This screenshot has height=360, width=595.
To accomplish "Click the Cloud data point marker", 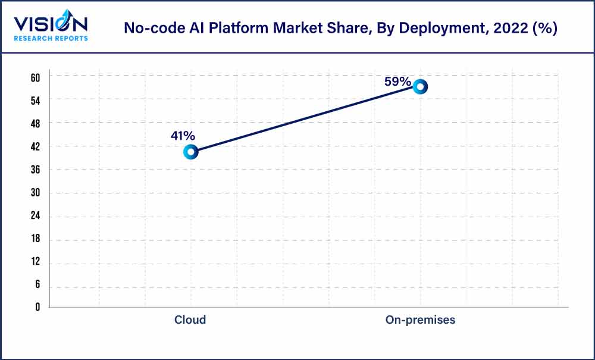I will click(x=190, y=152).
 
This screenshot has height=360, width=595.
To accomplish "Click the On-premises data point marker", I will click(x=420, y=86).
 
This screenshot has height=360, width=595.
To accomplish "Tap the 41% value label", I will click(x=183, y=136).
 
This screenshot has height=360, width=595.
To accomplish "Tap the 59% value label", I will click(x=397, y=82).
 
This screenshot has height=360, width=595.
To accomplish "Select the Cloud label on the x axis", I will click(x=190, y=320).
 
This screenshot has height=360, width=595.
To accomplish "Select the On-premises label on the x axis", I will click(x=420, y=320).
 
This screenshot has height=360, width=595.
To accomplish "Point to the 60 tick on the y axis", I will click(x=35, y=77).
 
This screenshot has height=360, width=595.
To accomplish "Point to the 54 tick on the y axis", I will click(x=35, y=100).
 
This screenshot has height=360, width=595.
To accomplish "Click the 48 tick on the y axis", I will click(x=35, y=123).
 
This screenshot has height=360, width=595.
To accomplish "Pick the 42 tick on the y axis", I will click(x=35, y=146).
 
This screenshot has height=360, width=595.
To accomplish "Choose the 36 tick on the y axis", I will click(x=35, y=170).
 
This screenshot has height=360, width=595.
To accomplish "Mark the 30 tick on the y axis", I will click(x=35, y=193).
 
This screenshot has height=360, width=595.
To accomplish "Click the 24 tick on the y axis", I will click(x=35, y=216).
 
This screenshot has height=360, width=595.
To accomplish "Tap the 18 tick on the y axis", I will click(x=35, y=239).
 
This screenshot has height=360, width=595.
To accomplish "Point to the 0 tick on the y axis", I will click(x=37, y=307).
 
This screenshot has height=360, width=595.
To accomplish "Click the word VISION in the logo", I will click(x=51, y=24).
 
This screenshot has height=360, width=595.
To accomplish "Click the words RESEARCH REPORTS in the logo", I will click(x=51, y=39).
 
